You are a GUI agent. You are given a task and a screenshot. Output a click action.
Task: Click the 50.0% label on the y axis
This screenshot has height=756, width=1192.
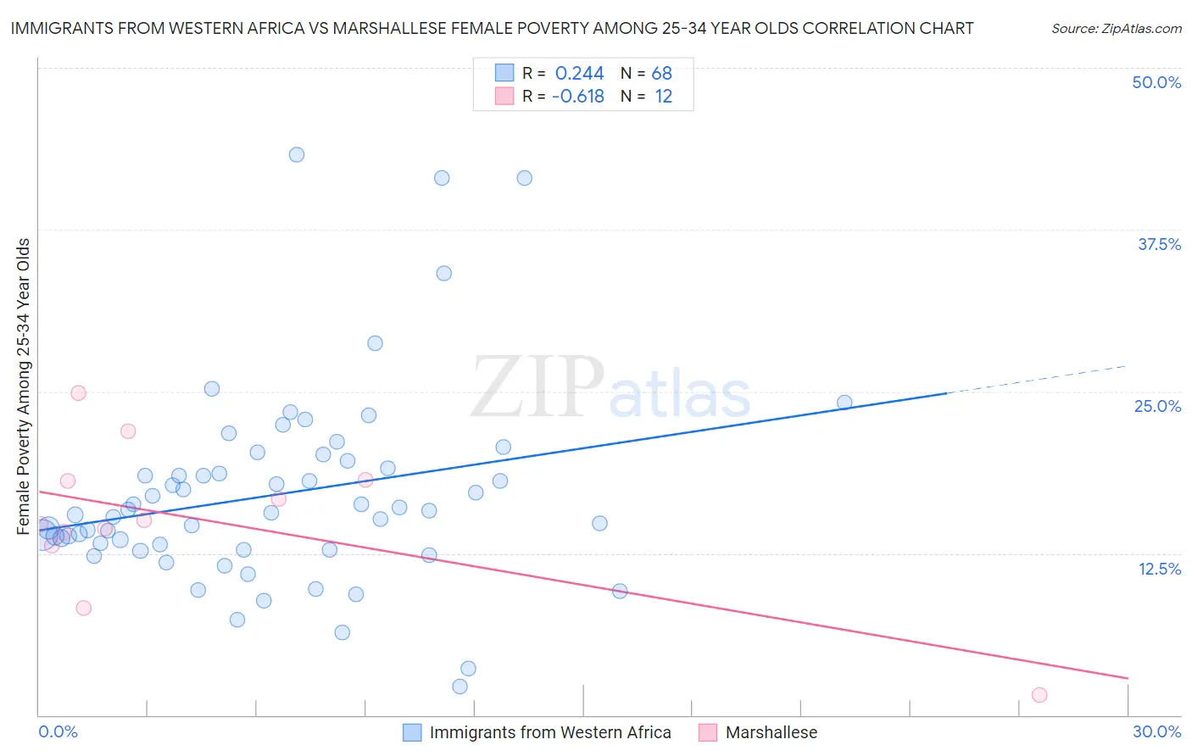coord(1156,82)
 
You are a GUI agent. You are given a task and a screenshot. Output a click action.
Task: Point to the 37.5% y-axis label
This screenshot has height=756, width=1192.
coord(1159,244)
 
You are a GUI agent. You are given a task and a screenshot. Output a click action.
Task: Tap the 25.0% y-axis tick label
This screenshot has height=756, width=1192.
coord(1157,406)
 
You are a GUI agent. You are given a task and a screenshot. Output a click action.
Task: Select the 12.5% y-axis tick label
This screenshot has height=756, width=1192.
coord(1159,569)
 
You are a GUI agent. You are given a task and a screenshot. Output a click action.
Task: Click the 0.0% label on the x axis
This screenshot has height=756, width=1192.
coord(58,731)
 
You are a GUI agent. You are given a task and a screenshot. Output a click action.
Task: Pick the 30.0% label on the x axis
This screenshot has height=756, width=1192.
coord(1156,731)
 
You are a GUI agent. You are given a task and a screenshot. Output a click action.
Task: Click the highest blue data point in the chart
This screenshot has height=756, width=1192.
coord(297,154)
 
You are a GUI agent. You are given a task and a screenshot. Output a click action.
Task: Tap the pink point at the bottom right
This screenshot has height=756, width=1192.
coord(1039,695)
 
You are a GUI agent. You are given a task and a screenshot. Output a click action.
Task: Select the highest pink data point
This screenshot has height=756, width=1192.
coord(78,392)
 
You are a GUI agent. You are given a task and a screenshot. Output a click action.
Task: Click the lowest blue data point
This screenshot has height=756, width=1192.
coord(460,687)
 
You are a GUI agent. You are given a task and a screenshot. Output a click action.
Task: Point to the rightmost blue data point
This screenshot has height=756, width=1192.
coord(844,403)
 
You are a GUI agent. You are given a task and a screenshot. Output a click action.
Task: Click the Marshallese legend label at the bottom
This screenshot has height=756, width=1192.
coord(771,732)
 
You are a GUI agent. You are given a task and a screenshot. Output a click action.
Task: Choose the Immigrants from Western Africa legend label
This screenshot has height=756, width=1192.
coord(550,732)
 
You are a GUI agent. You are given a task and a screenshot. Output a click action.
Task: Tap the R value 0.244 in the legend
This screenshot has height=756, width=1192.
coord(579,74)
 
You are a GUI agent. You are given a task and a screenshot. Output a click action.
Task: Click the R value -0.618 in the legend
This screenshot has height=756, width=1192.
coord(577,97)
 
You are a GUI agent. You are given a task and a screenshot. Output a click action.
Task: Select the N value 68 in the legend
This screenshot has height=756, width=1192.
coord(661,74)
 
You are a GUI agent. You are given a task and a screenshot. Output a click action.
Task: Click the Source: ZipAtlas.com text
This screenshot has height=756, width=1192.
coord(1116,28)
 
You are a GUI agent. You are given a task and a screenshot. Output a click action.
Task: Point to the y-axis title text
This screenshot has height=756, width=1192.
coord(24,386)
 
